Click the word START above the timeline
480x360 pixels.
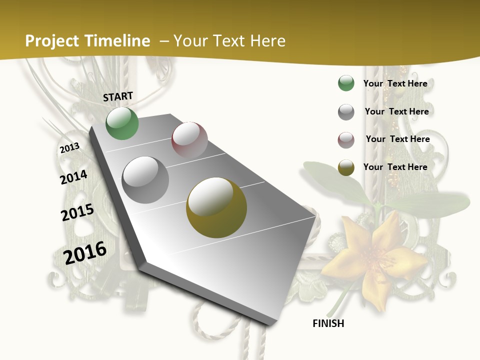[118, 96]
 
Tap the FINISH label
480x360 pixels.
[328, 323]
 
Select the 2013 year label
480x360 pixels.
[69, 148]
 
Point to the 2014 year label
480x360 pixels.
[73, 177]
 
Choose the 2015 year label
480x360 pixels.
[77, 212]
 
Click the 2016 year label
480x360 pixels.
[85, 253]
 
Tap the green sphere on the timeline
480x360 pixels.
[122, 123]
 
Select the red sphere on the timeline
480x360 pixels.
[189, 139]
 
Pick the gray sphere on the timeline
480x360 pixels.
[145, 179]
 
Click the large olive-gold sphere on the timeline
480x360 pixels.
[216, 207]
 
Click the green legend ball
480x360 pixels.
[346, 83]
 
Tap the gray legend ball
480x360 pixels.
[346, 112]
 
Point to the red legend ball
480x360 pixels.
[346, 140]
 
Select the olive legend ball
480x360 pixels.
[346, 167]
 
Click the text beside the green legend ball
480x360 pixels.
[395, 83]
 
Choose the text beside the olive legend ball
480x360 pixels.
[395, 167]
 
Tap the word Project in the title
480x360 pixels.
[52, 41]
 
